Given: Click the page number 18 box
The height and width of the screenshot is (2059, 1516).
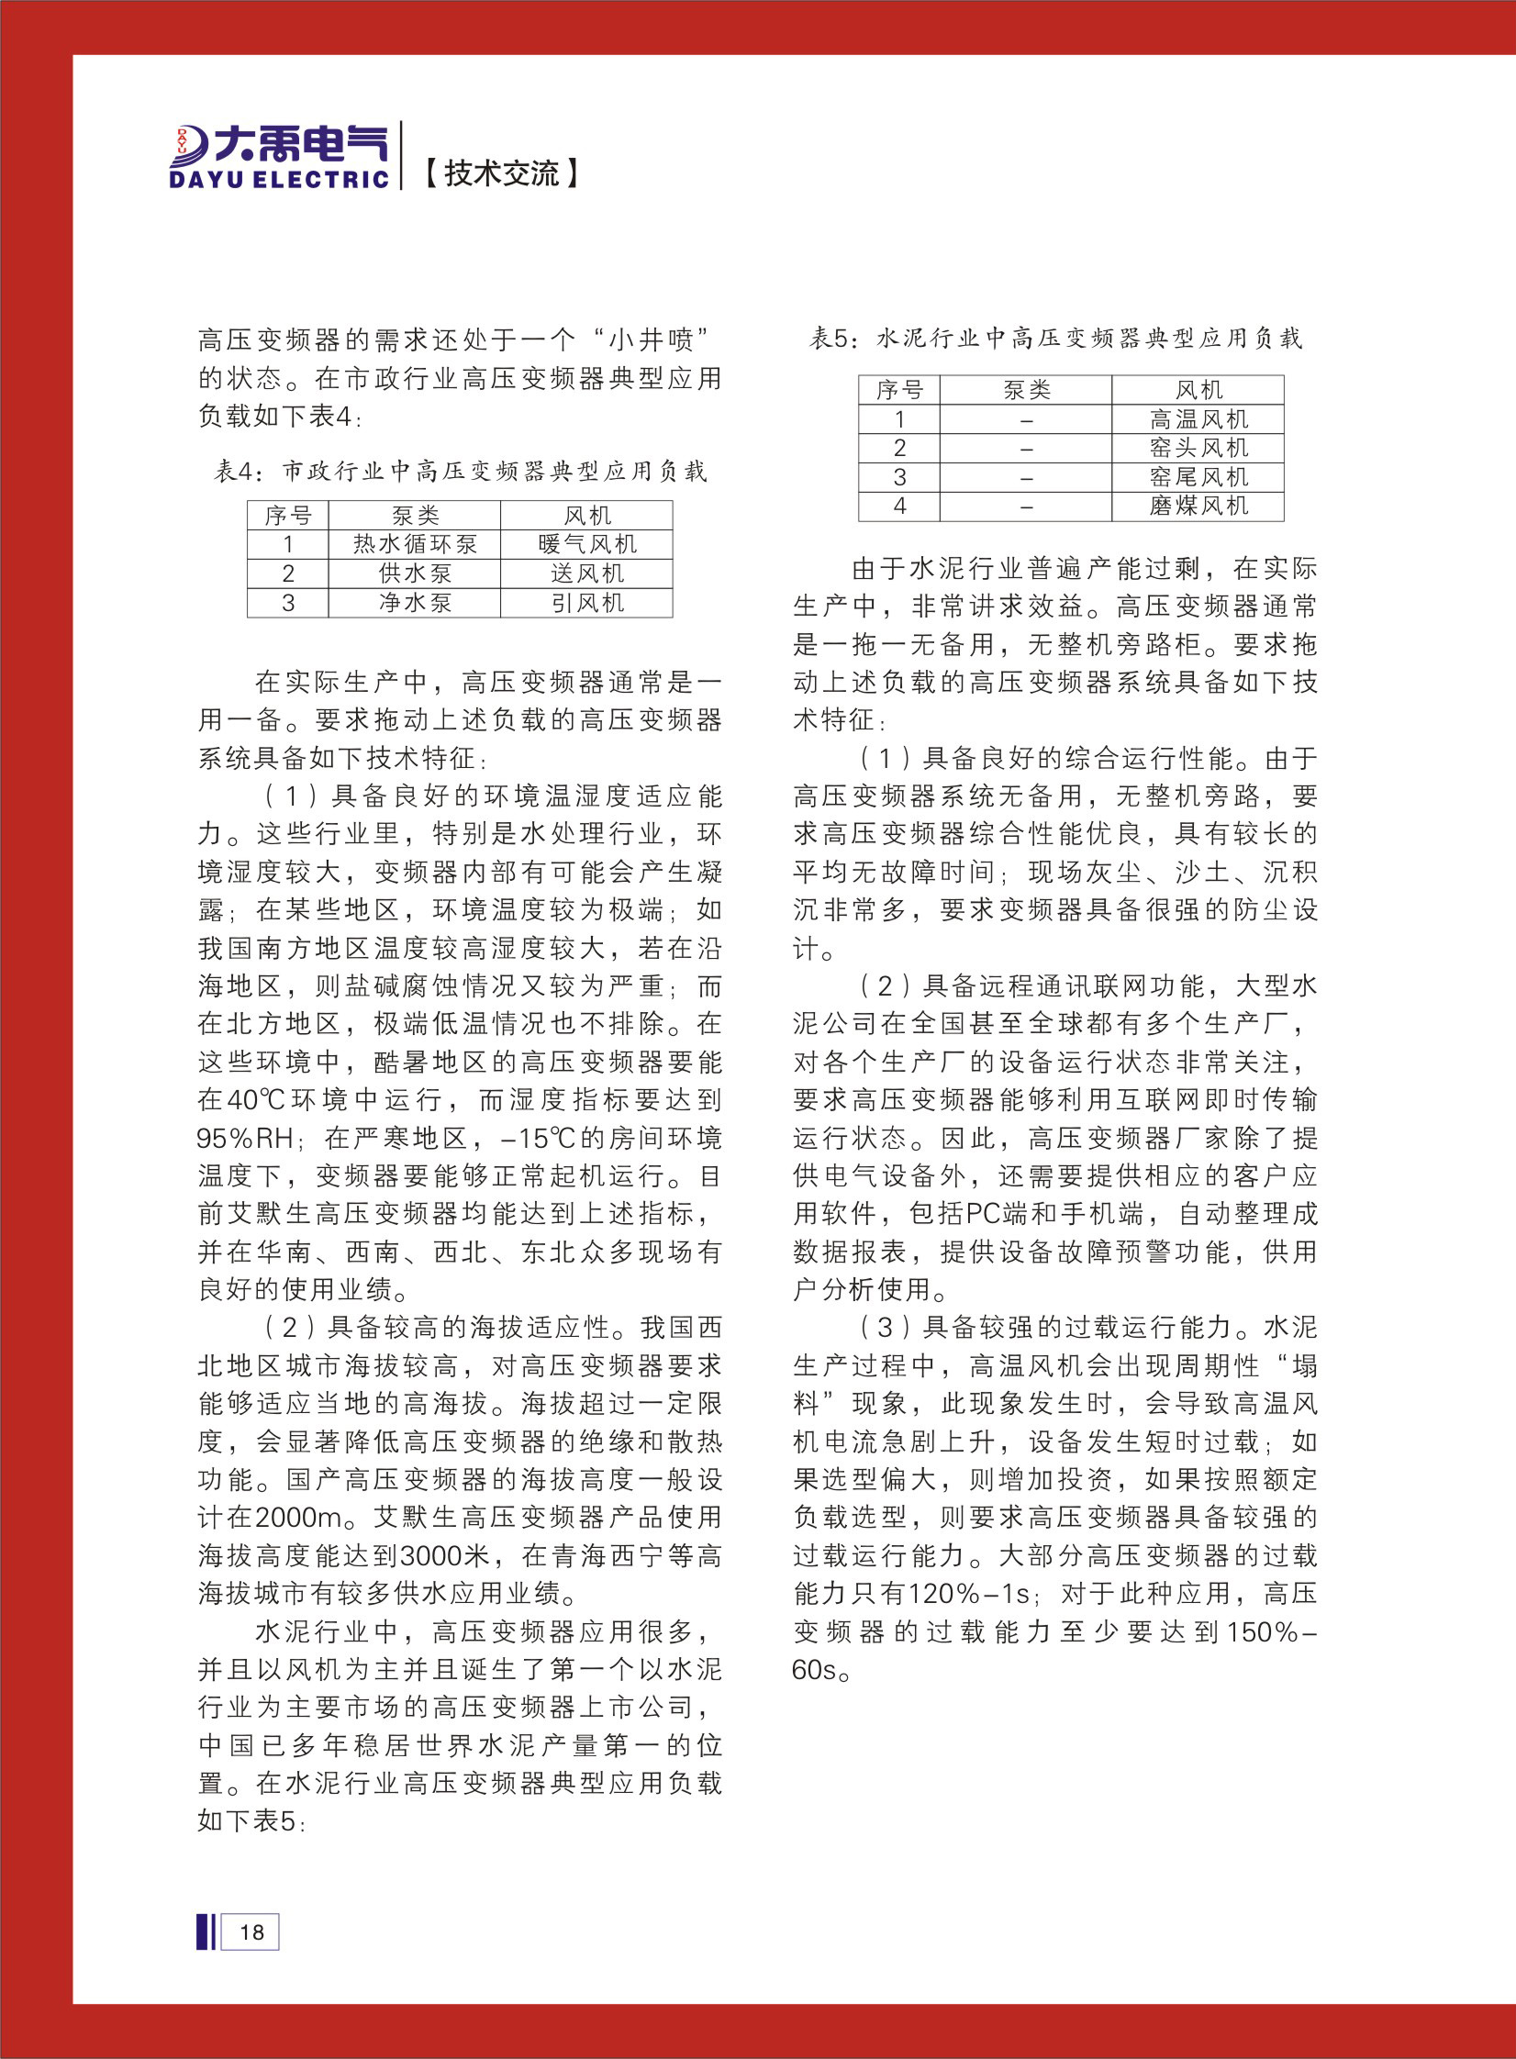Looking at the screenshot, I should coord(251,1932).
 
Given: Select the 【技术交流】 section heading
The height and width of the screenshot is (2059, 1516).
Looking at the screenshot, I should coord(501,173).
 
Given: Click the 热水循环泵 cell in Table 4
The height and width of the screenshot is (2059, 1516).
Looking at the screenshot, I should coord(415,544).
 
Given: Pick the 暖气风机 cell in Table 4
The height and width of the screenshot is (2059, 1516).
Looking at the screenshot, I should coord(586,544).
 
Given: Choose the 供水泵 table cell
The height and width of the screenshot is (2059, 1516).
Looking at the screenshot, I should coord(415,573).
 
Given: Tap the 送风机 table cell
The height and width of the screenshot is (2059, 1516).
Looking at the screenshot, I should coord(586,573).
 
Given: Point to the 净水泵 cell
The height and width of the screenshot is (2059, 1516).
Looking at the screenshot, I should coord(415,603).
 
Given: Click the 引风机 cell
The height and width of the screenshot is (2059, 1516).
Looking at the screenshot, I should coord(586,603).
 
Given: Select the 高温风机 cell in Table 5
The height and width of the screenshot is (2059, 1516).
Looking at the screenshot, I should coord(1198,419).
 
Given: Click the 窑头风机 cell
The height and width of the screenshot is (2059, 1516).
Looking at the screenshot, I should coord(1198,448).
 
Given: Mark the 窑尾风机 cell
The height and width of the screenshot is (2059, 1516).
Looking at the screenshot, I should coord(1198,477).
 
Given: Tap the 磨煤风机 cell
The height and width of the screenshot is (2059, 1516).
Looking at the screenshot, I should coord(1198,506).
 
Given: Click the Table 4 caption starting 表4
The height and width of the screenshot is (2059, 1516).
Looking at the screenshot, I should coord(460,472).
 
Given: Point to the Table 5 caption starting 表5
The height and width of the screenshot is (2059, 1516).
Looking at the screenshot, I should coord(1054,339).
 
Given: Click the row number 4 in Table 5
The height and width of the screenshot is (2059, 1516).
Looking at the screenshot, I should coord(899,506).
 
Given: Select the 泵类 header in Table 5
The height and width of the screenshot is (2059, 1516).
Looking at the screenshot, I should coord(1026,390).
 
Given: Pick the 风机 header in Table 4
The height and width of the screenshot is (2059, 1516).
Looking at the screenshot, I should coord(586,516).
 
